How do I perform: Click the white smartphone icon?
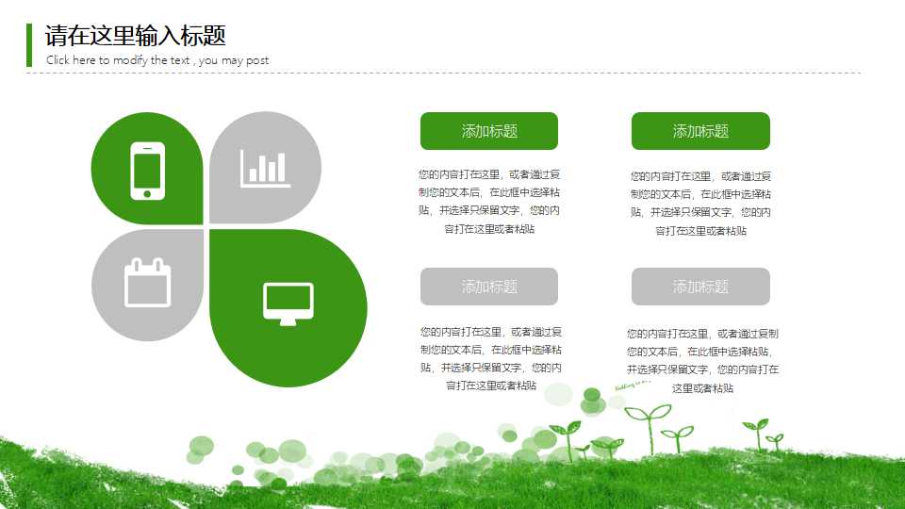click(x=147, y=171)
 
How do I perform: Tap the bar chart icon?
click(x=265, y=168)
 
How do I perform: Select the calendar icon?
click(x=148, y=283)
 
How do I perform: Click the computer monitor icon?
click(x=288, y=303)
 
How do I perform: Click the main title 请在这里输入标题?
click(x=136, y=36)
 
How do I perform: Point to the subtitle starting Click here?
click(x=156, y=60)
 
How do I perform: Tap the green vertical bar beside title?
click(x=29, y=45)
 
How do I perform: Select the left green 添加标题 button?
click(x=488, y=131)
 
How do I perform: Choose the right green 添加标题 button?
click(x=700, y=131)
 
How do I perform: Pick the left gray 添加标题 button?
click(x=488, y=287)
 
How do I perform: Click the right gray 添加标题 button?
click(x=700, y=287)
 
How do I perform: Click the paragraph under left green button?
click(x=489, y=202)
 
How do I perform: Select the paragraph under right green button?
click(x=700, y=203)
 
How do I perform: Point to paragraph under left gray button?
click(x=490, y=358)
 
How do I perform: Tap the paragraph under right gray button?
click(x=702, y=360)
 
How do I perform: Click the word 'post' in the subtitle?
click(x=257, y=60)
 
